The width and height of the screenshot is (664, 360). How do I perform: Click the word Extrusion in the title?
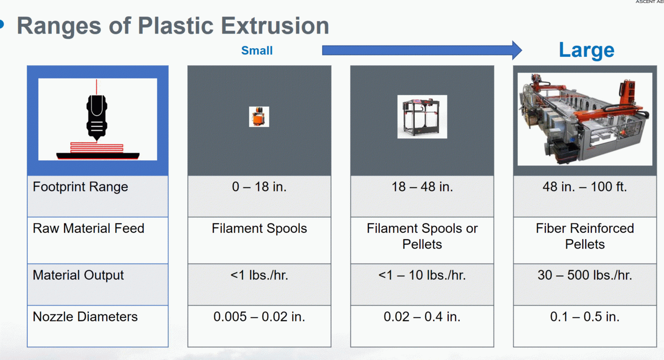[275, 25]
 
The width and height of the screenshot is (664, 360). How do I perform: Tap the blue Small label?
[257, 51]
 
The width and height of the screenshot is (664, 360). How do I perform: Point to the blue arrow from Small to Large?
[422, 50]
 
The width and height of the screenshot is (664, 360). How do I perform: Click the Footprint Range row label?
[80, 187]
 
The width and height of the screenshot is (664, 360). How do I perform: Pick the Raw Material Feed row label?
[88, 228]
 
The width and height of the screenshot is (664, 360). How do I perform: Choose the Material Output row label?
[78, 275]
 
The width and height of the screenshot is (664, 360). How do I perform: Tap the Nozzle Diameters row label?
[85, 317]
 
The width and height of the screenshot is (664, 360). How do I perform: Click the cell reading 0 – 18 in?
[259, 187]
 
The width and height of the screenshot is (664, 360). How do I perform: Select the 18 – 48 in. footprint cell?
[422, 187]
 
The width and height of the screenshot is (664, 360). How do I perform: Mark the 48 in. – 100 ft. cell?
[585, 187]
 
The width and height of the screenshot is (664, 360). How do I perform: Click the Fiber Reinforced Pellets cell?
[585, 236]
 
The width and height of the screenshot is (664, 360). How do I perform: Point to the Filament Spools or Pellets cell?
[422, 236]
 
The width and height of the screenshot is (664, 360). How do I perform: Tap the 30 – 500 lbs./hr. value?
[585, 275]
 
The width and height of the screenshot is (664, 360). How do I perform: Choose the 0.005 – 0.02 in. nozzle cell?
[259, 317]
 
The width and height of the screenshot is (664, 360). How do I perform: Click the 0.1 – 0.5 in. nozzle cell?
[585, 317]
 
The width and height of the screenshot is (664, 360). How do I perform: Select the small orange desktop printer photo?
[259, 117]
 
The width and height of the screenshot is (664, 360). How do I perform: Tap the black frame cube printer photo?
[422, 117]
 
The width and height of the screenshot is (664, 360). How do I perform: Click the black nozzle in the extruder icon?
[97, 118]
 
